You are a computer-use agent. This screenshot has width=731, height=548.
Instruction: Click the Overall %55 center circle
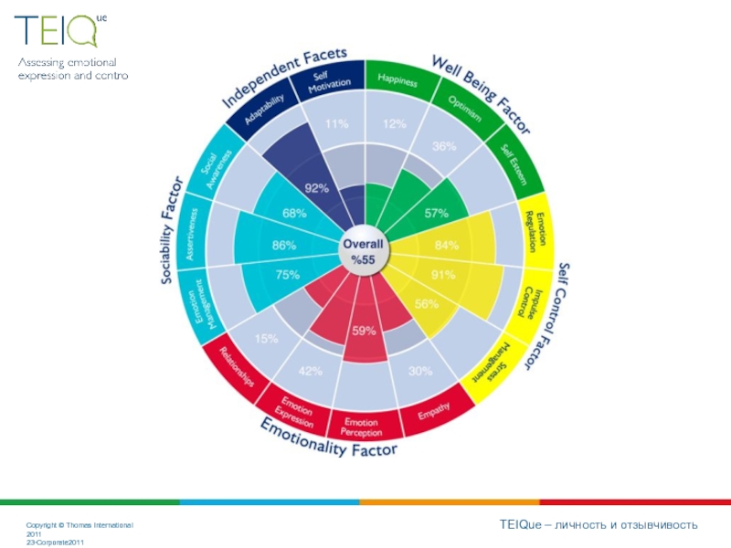coord(364,252)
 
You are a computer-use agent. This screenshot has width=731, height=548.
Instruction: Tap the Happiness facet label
coord(398,81)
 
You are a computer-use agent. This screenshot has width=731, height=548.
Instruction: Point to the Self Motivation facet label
coord(323,82)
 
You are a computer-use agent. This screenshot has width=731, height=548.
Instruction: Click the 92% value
coord(317,189)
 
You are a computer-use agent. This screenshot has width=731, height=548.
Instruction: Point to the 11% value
coord(336,124)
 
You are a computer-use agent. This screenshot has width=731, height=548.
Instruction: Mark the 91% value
coord(443,275)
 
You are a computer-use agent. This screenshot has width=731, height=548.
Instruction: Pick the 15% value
coord(267,339)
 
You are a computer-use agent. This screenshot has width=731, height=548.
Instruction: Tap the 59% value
coord(364,331)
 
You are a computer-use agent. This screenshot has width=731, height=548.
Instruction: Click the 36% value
coord(444,146)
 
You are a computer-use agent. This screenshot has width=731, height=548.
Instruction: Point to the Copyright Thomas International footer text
coord(79,525)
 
